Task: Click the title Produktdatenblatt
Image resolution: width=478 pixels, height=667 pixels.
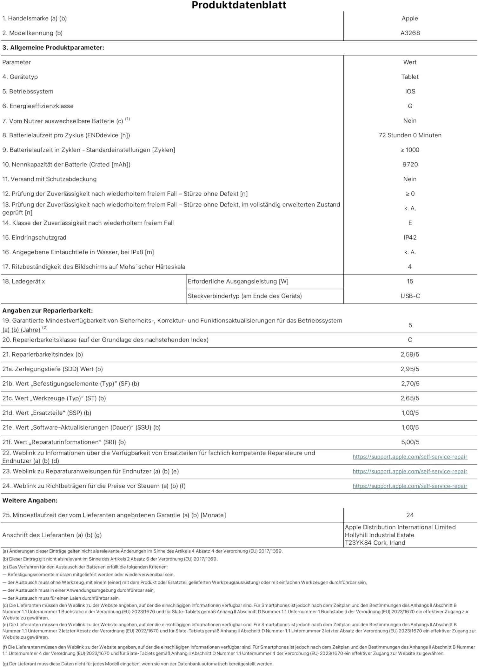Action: point(239,5)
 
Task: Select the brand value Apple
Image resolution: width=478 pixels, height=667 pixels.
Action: point(410,18)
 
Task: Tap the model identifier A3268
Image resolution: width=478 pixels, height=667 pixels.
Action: point(410,33)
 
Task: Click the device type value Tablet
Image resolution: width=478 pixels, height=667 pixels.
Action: point(410,77)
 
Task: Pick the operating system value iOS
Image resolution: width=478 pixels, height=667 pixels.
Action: point(410,92)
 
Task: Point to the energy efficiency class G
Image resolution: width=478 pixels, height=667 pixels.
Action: point(410,106)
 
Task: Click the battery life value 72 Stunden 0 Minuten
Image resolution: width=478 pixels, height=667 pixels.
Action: point(410,135)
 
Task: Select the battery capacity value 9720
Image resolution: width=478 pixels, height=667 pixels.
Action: point(410,165)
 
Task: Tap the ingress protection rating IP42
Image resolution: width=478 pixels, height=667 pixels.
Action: point(410,238)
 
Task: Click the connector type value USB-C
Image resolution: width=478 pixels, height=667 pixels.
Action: point(410,296)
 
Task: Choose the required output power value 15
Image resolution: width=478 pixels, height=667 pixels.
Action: point(410,282)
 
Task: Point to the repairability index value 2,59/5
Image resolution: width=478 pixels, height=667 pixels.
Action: point(410,355)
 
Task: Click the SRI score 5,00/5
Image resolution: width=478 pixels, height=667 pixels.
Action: point(410,442)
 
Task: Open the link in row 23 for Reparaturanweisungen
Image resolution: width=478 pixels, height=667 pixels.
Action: point(410,472)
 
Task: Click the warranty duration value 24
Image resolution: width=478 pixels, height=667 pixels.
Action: point(410,515)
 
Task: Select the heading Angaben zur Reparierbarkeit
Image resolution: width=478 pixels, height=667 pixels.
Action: point(48,311)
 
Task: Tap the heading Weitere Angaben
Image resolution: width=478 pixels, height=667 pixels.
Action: point(30,500)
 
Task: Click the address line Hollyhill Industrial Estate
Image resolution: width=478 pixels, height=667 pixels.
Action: point(379,535)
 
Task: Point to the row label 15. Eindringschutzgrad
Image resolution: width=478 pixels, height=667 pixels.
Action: point(34,238)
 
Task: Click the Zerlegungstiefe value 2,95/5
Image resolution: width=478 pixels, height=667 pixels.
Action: point(410,369)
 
